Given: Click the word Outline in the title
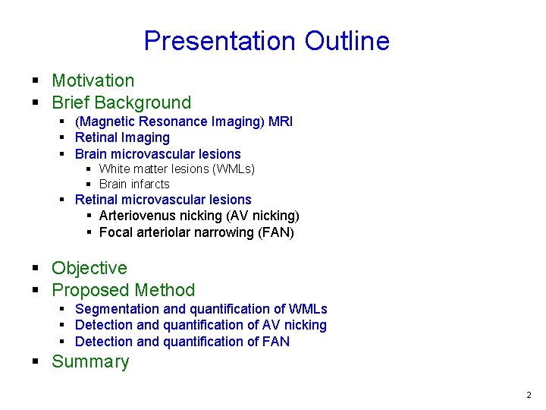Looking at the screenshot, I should click(x=347, y=41).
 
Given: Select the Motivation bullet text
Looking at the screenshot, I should click(x=93, y=80).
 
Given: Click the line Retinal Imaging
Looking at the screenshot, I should click(x=122, y=137).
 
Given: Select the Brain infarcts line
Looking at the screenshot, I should click(x=134, y=184).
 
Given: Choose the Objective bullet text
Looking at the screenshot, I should click(x=89, y=268).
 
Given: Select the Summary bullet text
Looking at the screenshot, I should click(x=90, y=361).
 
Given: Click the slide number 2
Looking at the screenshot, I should click(x=529, y=395).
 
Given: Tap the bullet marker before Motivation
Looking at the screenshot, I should click(x=36, y=80).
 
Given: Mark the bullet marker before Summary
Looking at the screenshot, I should click(x=36, y=361).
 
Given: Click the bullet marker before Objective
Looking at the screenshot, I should click(x=36, y=268).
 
